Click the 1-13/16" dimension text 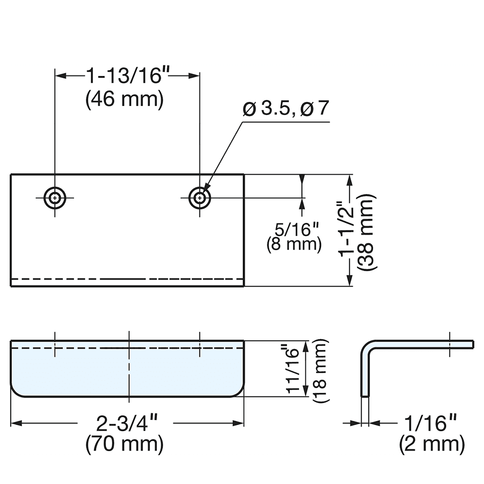(x=128, y=76)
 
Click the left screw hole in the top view (x=55, y=197)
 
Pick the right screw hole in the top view (x=199, y=197)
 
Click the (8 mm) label (x=294, y=244)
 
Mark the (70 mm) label (x=124, y=444)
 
